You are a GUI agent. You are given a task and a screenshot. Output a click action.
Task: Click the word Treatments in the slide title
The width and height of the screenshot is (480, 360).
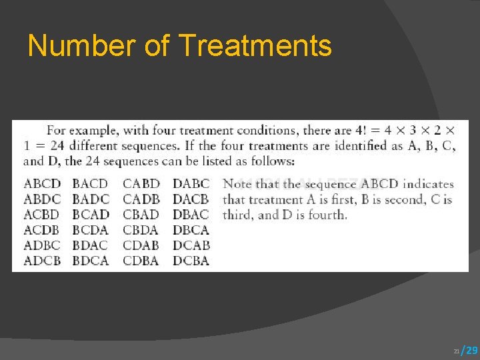click(x=255, y=46)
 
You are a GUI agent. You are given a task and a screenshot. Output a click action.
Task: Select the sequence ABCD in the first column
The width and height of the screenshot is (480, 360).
click(x=42, y=183)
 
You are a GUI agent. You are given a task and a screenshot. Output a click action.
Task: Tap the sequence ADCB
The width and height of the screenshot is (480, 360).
click(x=42, y=261)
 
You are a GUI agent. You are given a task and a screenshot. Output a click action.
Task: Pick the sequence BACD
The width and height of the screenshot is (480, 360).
click(x=90, y=183)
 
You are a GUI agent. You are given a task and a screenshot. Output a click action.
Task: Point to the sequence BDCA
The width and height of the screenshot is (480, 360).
click(x=90, y=261)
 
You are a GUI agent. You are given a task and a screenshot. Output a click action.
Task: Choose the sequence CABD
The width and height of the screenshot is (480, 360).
click(x=141, y=183)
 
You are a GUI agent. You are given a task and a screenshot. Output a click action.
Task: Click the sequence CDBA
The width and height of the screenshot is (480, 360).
click(x=141, y=261)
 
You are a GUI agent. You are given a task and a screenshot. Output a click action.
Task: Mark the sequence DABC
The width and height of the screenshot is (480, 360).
click(x=191, y=183)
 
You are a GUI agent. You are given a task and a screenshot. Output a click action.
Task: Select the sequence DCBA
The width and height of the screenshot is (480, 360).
click(x=191, y=261)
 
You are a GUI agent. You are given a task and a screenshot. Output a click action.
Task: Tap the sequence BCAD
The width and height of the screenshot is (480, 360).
click(x=91, y=215)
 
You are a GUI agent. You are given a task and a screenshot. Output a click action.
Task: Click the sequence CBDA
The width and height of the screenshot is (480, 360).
click(x=141, y=230)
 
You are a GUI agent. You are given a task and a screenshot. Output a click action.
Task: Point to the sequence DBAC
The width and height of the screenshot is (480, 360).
click(x=191, y=215)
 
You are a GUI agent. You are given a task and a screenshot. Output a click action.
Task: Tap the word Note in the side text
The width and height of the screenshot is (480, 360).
click(x=237, y=183)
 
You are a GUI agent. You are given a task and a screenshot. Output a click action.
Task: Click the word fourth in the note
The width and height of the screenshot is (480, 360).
click(x=326, y=215)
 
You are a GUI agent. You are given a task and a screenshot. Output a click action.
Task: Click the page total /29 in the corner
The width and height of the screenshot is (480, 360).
click(x=470, y=350)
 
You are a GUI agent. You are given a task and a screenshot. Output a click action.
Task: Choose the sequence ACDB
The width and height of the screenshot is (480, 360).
click(x=42, y=230)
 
